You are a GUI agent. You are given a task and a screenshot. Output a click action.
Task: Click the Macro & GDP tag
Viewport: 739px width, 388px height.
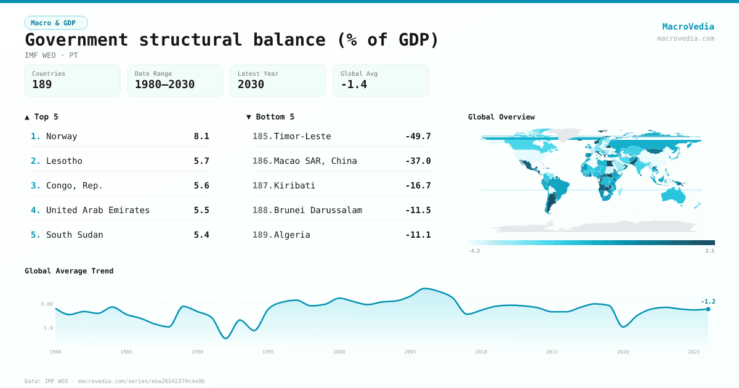click(56, 23)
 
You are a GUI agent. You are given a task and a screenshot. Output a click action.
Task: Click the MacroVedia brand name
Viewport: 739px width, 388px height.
click(688, 26)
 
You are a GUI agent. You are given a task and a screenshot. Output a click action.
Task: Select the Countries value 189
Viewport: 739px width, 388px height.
click(42, 84)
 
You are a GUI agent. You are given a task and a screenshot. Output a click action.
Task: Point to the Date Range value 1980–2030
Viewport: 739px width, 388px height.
click(164, 84)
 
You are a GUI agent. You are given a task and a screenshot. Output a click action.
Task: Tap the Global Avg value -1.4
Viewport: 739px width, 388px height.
click(353, 84)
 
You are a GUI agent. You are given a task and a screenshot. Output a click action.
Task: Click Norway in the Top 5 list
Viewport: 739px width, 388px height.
click(62, 136)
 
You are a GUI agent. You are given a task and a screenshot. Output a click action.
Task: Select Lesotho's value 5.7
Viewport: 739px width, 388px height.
click(201, 161)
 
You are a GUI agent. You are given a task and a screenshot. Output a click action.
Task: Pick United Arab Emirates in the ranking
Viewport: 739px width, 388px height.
click(98, 210)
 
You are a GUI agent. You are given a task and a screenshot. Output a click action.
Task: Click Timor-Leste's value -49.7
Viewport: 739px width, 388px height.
click(418, 136)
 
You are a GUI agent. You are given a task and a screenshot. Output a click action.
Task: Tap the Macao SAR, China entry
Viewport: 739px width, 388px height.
click(315, 161)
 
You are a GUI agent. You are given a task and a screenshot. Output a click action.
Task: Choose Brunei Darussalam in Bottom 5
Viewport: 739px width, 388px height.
click(318, 210)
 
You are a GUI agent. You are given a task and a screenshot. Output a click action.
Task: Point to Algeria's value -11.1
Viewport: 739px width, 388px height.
click(418, 235)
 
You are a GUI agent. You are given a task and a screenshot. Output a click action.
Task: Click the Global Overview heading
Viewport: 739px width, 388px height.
click(501, 117)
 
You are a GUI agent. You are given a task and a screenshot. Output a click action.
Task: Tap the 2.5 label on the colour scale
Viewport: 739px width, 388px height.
click(710, 251)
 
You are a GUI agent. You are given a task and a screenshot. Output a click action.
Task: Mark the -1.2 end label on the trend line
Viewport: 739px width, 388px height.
click(708, 301)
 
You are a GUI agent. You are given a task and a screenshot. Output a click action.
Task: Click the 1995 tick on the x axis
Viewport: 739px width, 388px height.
click(269, 352)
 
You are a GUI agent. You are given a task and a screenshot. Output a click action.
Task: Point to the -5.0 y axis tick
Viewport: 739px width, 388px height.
click(47, 328)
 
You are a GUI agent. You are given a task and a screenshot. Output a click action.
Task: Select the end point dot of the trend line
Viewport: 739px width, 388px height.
click(708, 309)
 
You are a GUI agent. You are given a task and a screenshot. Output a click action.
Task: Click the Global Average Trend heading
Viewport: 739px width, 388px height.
click(69, 271)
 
